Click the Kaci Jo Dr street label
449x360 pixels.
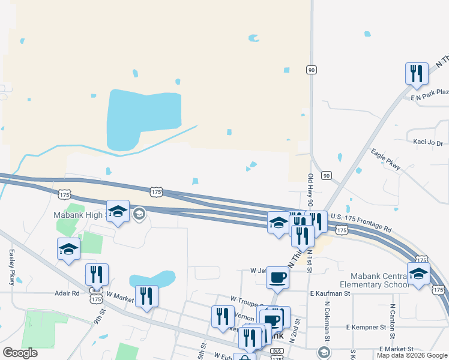pyautogui.click(x=429, y=143)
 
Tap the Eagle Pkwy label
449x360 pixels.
pyautogui.click(x=385, y=161)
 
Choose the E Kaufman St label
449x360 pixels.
pyautogui.click(x=330, y=293)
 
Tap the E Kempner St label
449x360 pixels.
pyautogui.click(x=366, y=328)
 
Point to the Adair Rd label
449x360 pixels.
pyautogui.click(x=67, y=293)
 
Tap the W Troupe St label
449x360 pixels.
pyautogui.click(x=247, y=298)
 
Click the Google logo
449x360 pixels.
pyautogui.click(x=20, y=353)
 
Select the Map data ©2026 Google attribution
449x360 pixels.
pyautogui.click(x=412, y=355)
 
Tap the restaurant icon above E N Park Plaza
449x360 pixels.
pyautogui.click(x=416, y=73)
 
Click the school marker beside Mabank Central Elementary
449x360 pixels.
pyautogui.click(x=418, y=273)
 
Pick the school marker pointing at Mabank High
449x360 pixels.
pyautogui.click(x=118, y=211)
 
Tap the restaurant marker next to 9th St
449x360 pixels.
pyautogui.click(x=97, y=274)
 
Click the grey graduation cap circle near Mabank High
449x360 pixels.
pyautogui.click(x=139, y=214)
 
